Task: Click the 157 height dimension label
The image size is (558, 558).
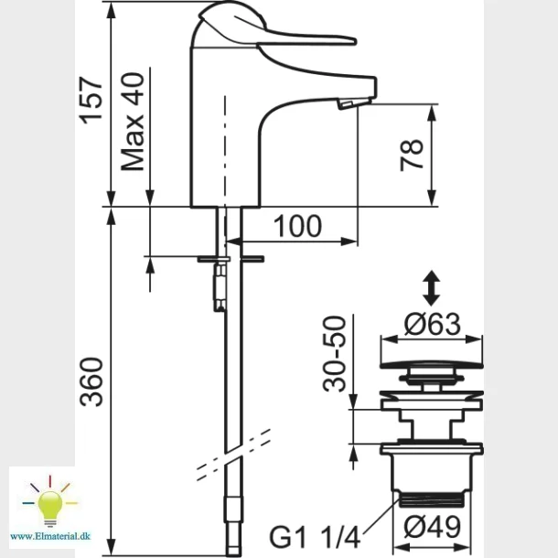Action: (92, 101)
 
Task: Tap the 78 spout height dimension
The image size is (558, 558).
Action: (412, 156)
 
